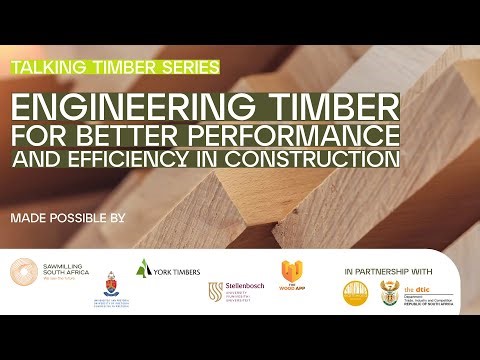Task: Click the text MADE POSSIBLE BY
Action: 68,216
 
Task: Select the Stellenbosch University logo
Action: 237,292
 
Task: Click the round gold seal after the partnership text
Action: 357,292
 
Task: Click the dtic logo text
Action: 427,292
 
